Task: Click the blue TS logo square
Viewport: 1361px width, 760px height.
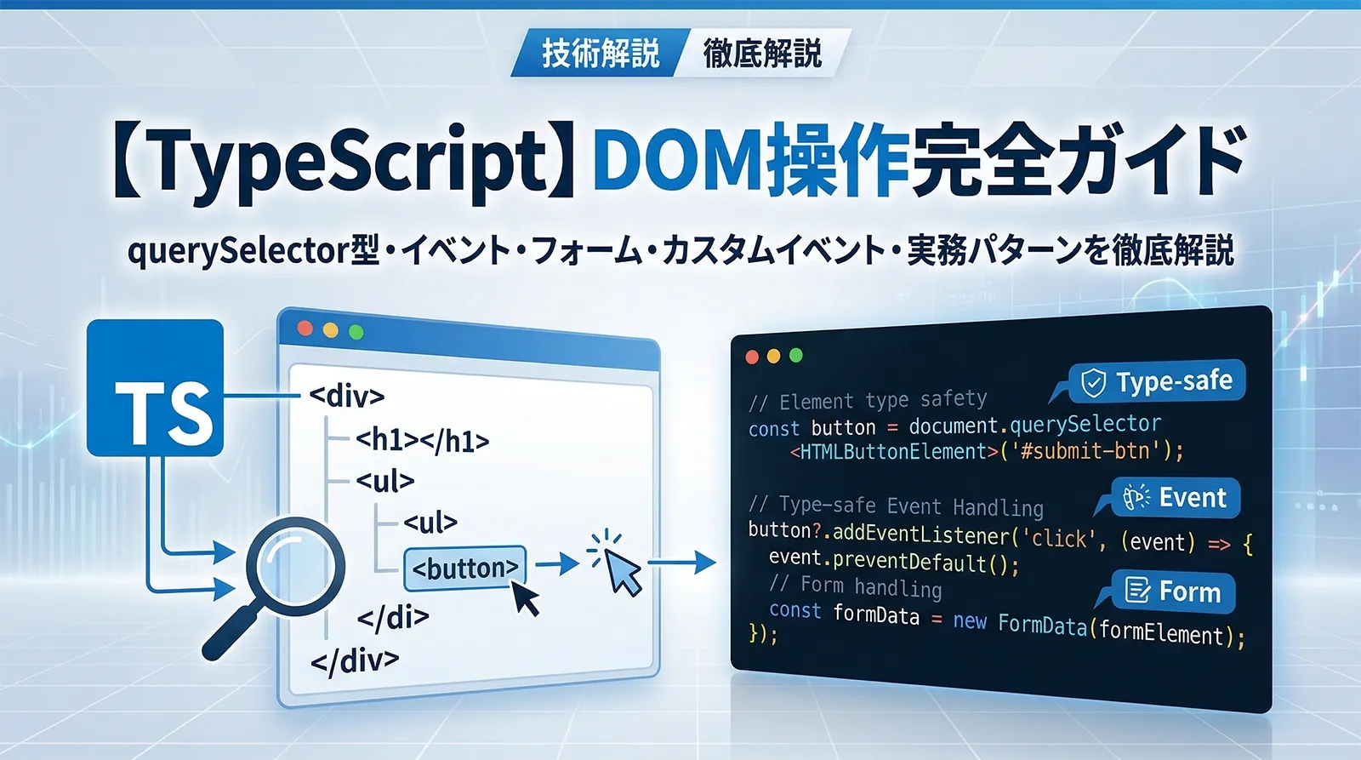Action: [x=156, y=388]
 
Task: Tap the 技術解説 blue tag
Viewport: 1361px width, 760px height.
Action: [x=600, y=53]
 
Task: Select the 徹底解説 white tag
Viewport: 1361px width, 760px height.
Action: [x=761, y=53]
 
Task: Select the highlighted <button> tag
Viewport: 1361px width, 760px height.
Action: [x=464, y=569]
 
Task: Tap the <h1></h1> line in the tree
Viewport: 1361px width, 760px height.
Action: [x=422, y=440]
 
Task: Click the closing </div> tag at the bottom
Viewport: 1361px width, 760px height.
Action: [x=354, y=660]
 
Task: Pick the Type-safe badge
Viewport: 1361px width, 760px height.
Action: [x=1157, y=382]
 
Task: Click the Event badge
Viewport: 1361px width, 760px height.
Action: [x=1176, y=498]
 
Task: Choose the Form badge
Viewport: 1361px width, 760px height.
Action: [x=1174, y=591]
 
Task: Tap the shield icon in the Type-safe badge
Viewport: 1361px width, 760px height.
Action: [x=1093, y=384]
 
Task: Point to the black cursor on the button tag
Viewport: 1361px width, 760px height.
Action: [x=526, y=598]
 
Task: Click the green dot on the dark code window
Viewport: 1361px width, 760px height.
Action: [x=796, y=356]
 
